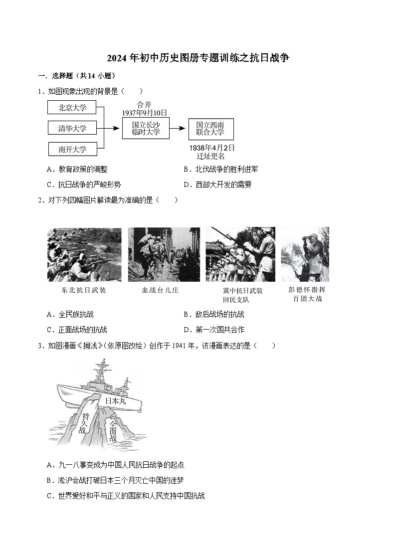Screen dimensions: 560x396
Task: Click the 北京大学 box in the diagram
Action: tap(72, 107)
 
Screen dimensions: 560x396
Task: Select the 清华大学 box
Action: tap(72, 128)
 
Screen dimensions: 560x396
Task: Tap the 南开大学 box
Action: tap(72, 149)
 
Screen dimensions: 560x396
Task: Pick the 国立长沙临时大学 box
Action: tap(146, 129)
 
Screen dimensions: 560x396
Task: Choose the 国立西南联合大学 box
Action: tap(210, 129)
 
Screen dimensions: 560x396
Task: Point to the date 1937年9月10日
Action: tap(145, 113)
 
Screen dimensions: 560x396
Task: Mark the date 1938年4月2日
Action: tap(211, 148)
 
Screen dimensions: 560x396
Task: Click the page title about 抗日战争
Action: tap(198, 58)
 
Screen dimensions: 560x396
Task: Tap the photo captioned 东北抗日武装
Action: tap(84, 255)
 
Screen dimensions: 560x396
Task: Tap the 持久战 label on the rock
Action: tap(84, 422)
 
